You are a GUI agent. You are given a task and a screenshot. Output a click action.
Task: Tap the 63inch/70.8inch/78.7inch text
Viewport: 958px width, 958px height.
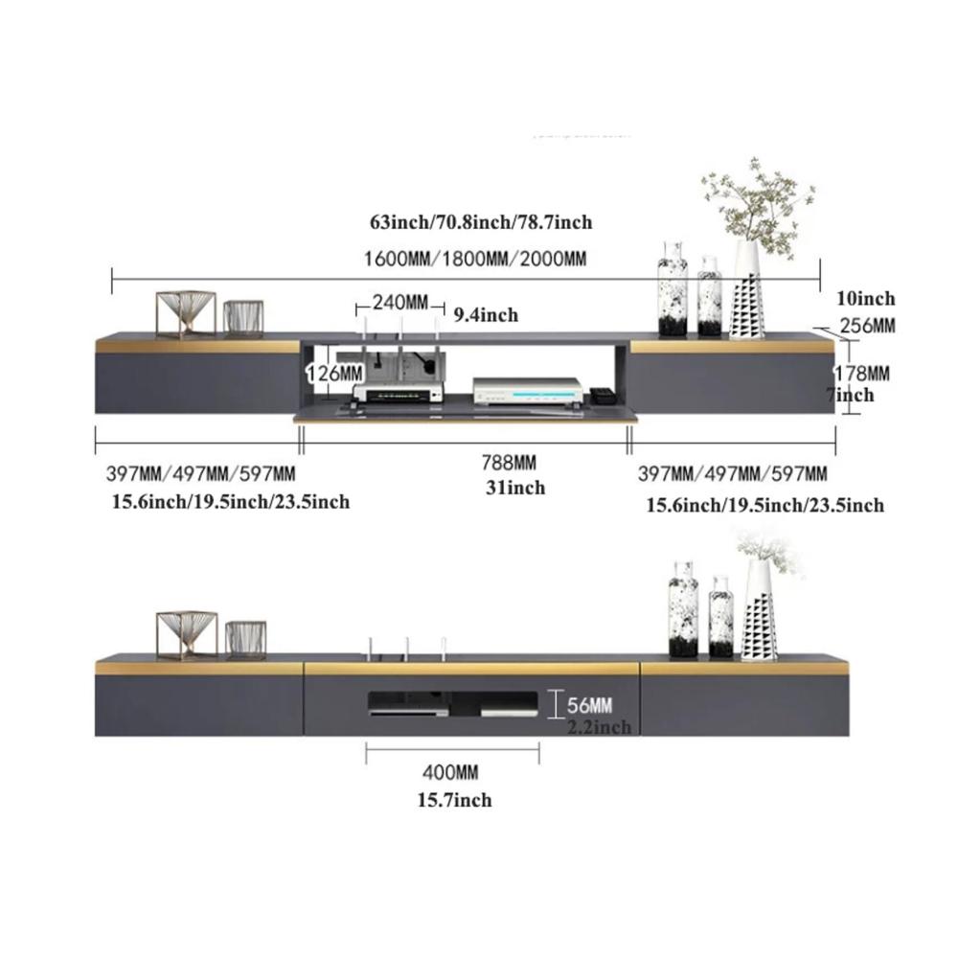(481, 223)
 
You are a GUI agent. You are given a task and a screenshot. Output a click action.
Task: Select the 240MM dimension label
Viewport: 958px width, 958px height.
(400, 303)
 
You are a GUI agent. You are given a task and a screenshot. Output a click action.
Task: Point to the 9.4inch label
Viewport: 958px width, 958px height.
(486, 314)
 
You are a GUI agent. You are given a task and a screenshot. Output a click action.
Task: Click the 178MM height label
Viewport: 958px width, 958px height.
(864, 372)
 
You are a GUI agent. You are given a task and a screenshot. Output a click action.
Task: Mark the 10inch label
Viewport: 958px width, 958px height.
(865, 299)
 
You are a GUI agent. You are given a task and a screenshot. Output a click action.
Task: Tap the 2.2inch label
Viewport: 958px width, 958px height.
(599, 728)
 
